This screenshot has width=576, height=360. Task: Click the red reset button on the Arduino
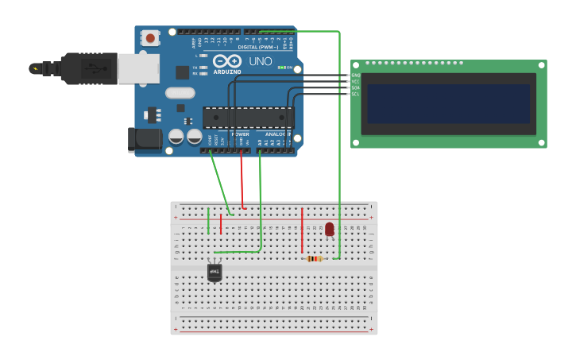[x=150, y=37]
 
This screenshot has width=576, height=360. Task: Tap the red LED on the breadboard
[x=329, y=229]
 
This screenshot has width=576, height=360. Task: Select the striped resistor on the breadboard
[x=315, y=258]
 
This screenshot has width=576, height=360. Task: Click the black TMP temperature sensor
[x=215, y=273]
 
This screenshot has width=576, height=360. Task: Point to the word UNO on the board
[x=261, y=61]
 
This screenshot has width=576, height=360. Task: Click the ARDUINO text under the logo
[x=226, y=72]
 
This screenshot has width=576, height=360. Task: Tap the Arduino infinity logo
[x=226, y=61]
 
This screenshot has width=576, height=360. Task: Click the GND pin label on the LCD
[x=355, y=75]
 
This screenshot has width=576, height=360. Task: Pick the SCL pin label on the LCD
[x=355, y=94]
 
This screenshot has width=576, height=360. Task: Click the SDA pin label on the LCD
[x=355, y=87]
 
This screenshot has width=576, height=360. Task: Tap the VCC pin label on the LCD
[x=355, y=81]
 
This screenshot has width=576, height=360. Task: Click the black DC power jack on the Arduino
[x=145, y=139]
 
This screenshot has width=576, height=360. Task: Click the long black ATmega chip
[x=248, y=118]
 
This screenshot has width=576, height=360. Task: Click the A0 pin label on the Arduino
[x=259, y=142]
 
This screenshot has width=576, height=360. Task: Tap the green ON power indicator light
[x=280, y=68]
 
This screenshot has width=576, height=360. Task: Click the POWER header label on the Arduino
[x=240, y=134]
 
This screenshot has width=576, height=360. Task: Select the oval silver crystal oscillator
[x=180, y=92]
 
